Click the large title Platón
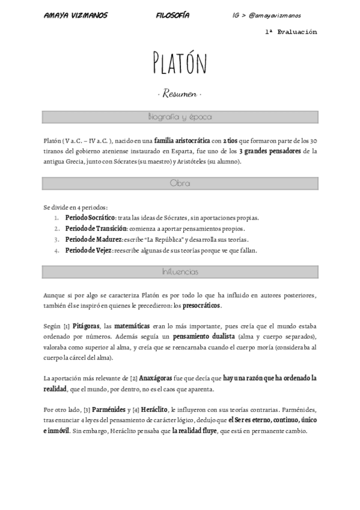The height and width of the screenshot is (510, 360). [180, 63]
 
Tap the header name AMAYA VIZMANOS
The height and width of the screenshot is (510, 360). [76, 15]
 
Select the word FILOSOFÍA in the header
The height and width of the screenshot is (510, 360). [172, 15]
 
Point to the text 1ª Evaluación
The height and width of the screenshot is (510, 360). [290, 32]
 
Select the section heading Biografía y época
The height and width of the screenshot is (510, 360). [179, 117]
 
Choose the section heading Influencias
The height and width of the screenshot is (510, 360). [179, 272]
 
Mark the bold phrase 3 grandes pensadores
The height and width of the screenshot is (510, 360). [269, 150]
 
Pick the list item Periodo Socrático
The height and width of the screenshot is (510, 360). [90, 218]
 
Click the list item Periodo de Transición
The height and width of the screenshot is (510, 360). [96, 229]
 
